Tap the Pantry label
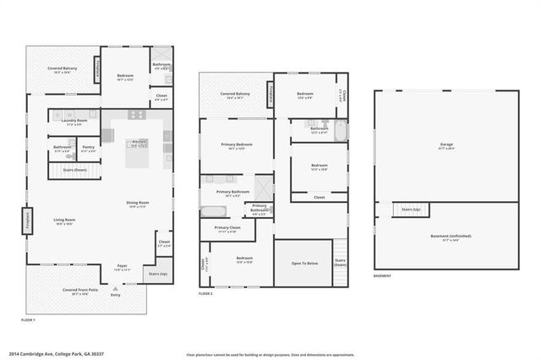(x=89, y=149)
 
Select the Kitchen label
(x=138, y=144)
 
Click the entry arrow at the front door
(x=115, y=288)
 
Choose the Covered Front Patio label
(x=81, y=292)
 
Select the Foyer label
(x=122, y=267)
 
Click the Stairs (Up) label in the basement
(x=412, y=209)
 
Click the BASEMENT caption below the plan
(x=383, y=277)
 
